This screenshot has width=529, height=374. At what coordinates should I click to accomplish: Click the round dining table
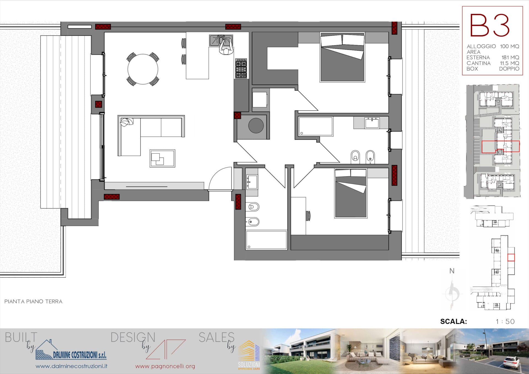[143, 69]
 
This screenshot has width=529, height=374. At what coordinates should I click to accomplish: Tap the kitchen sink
[221, 40]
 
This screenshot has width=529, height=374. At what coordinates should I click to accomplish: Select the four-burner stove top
[241, 68]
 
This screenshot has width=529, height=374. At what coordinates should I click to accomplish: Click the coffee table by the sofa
[162, 158]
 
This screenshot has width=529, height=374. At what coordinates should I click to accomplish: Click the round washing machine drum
[256, 125]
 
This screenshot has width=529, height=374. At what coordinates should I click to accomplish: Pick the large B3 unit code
[490, 25]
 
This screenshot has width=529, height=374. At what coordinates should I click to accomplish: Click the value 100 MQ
[509, 46]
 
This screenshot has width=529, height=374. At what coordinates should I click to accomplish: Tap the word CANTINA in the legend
[479, 63]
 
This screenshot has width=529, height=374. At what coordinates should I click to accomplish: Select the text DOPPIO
[509, 69]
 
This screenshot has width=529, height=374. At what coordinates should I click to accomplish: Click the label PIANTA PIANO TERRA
[33, 301]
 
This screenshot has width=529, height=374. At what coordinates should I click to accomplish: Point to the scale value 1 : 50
[505, 321]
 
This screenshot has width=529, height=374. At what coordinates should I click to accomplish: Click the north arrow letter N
[452, 271]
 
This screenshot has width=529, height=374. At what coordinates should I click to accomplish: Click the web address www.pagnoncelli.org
[165, 366]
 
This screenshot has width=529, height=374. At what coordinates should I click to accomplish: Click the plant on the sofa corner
[127, 122]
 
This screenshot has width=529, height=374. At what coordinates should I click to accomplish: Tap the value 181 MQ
[510, 58]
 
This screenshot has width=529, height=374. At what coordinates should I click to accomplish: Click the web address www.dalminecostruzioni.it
[71, 366]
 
